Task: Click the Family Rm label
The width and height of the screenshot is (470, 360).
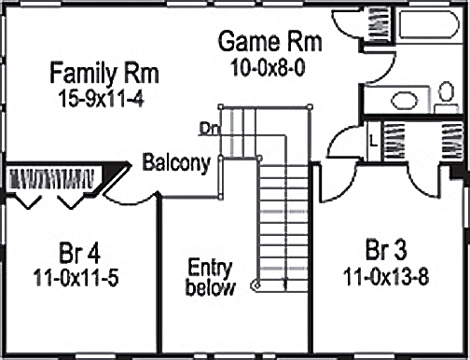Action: (104, 72)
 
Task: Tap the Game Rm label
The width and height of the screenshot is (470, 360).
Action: (270, 42)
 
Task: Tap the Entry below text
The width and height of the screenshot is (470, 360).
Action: (210, 277)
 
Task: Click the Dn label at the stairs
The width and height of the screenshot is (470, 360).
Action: (209, 129)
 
